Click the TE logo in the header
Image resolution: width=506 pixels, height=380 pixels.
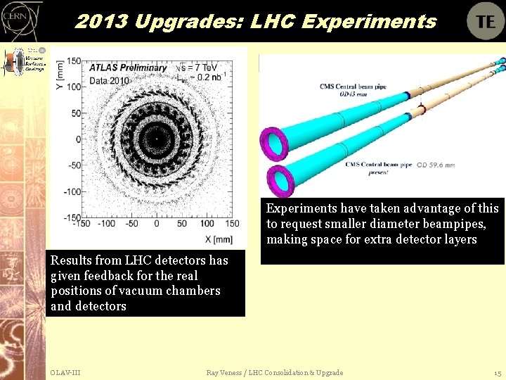pos(486,21)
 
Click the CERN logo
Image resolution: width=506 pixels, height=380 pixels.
pos(20,21)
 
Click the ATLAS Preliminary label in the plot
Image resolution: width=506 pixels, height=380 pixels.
pos(127,68)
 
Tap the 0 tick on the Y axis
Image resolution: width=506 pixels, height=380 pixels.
pos(79,139)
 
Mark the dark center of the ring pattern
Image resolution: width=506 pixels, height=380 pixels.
pos(156,139)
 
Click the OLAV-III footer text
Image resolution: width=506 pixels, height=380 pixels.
pos(65,372)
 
